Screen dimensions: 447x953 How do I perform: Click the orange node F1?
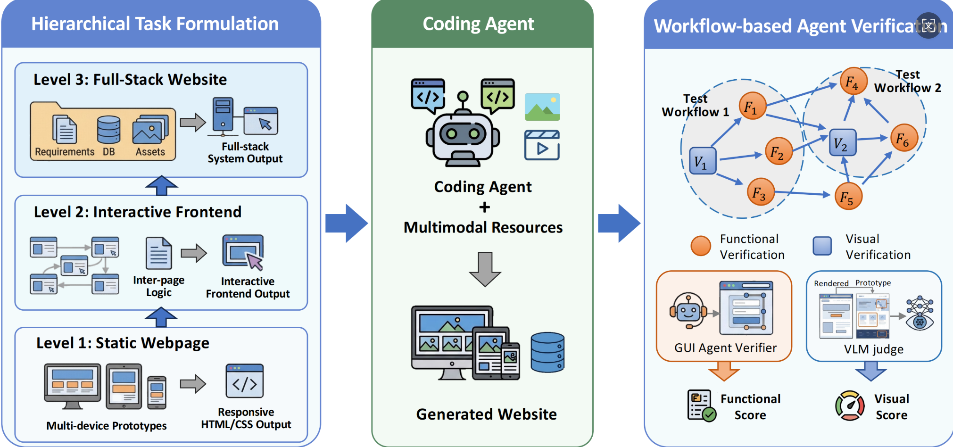click(x=752, y=106)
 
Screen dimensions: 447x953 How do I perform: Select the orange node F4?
click(x=853, y=82)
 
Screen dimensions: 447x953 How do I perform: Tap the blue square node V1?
click(x=702, y=161)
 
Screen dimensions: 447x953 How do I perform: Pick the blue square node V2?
click(x=842, y=142)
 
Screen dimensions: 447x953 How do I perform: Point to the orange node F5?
click(x=848, y=197)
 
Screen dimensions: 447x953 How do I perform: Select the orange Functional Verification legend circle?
click(x=701, y=246)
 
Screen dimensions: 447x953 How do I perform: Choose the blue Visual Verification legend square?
click(x=822, y=246)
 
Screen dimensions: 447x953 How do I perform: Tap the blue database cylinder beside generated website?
click(x=547, y=352)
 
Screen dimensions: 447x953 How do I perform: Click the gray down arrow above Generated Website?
click(x=485, y=269)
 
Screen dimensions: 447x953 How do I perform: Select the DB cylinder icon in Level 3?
click(x=108, y=130)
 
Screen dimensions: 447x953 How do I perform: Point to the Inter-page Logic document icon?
click(x=158, y=253)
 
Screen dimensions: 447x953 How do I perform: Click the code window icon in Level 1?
click(x=244, y=381)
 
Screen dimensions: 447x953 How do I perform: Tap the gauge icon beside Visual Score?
click(x=850, y=406)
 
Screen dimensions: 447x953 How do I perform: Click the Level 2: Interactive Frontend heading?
click(x=137, y=212)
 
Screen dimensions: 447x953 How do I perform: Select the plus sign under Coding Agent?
click(x=484, y=207)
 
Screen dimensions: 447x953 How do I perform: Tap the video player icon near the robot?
click(x=542, y=145)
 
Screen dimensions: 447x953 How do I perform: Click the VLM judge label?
click(x=873, y=349)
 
